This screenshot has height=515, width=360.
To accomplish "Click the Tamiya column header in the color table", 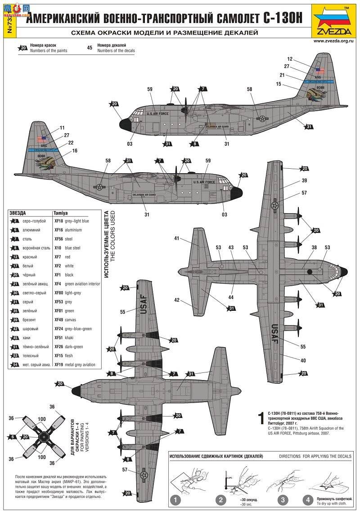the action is tap(61, 212).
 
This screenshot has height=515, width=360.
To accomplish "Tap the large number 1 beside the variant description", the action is tap(260, 418).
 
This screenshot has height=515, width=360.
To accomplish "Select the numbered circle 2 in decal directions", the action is tap(220, 499).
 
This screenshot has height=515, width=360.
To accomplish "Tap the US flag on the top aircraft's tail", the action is tap(320, 71).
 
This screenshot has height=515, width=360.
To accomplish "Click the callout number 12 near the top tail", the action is tap(290, 59).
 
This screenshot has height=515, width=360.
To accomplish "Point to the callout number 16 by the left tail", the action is tap(75, 151).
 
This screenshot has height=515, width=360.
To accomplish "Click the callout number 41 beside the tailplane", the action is tap(177, 238).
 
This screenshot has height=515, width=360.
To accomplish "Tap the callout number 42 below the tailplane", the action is tap(177, 300).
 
